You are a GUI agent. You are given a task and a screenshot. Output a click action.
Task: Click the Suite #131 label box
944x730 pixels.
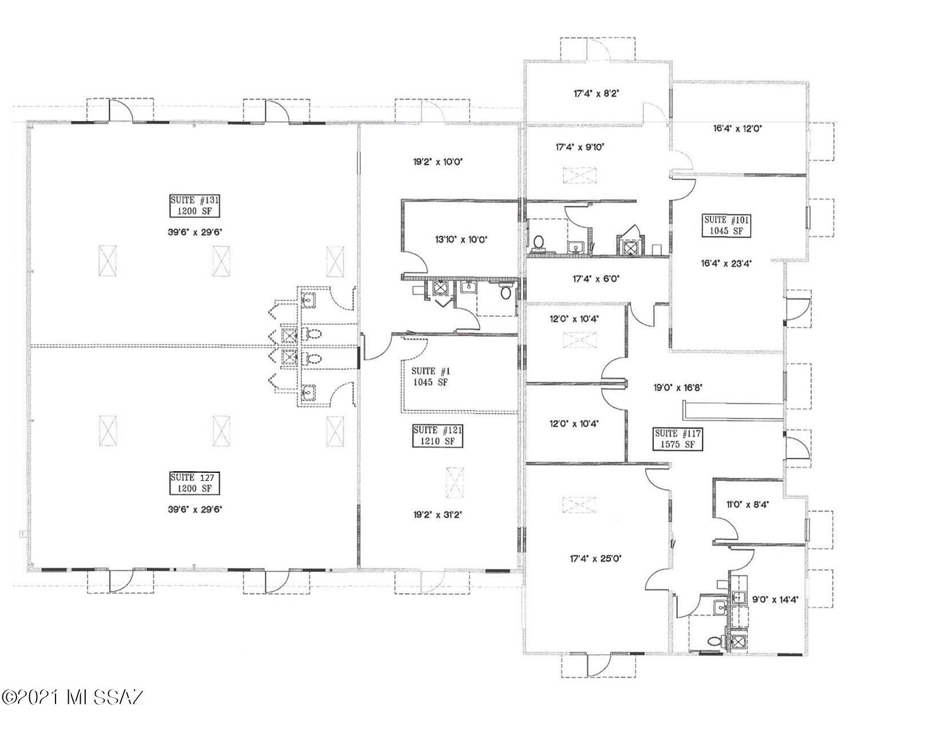click(194, 206)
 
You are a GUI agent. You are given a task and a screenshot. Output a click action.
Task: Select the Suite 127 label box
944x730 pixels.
click(194, 483)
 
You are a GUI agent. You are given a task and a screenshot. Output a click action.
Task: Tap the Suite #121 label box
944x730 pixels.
click(438, 436)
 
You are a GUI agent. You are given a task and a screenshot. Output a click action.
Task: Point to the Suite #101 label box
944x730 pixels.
click(727, 226)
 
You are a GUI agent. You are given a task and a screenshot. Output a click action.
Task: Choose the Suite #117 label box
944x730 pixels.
click(677, 439)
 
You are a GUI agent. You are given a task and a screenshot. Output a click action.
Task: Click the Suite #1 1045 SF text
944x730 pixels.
click(430, 377)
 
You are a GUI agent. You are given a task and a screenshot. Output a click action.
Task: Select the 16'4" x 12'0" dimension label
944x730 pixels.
click(737, 129)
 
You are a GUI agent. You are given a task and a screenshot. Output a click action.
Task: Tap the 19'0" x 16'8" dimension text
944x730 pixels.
click(678, 387)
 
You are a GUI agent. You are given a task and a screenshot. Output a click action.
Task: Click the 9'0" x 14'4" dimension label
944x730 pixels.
click(775, 600)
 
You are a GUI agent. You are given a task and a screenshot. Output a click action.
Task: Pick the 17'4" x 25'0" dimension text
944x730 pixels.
click(596, 558)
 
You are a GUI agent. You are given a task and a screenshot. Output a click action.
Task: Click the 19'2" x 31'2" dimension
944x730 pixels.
click(437, 515)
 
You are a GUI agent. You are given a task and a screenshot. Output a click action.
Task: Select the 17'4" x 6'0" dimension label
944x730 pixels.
click(596, 279)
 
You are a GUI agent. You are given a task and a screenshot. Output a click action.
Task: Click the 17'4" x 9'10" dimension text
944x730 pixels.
click(580, 147)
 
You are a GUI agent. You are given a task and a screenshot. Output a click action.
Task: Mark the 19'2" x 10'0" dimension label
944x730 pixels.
click(438, 162)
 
